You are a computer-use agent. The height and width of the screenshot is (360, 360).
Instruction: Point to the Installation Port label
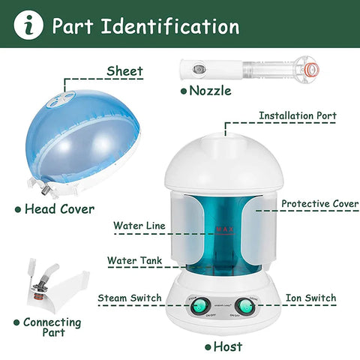pos(297,116)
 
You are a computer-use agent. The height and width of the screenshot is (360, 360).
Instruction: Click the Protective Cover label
pos(319,203)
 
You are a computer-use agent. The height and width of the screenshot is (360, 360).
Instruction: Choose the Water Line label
pos(139,225)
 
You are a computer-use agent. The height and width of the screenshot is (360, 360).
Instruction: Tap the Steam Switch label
pos(129,298)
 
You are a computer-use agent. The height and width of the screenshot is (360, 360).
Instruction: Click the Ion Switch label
pos(310,298)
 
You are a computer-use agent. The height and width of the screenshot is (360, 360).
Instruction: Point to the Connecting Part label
pos(52,328)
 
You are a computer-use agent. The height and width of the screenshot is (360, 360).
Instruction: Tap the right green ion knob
pos(244,306)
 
